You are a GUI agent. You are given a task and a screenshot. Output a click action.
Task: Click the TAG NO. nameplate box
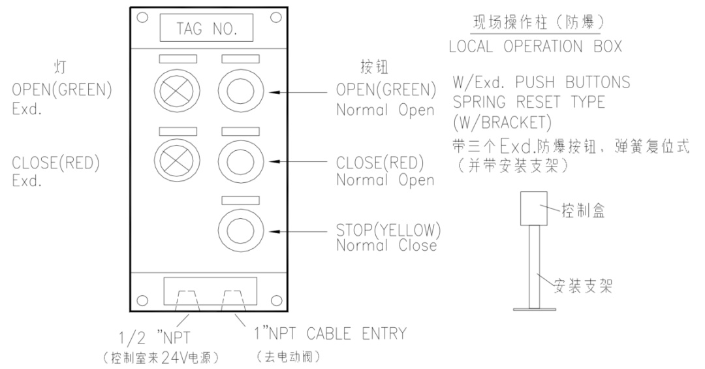[206, 29]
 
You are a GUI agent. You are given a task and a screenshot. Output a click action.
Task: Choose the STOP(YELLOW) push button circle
[240, 230]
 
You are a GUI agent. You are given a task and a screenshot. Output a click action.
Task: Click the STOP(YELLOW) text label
[388, 230]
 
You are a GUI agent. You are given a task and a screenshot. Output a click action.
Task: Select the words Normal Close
[386, 246]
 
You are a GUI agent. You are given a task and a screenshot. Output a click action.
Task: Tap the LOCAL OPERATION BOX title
[535, 46]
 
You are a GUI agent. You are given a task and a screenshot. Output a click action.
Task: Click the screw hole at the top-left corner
[142, 18]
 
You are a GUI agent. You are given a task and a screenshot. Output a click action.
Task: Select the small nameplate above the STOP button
[240, 200]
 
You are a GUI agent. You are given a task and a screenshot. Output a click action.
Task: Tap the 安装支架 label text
[582, 285]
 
